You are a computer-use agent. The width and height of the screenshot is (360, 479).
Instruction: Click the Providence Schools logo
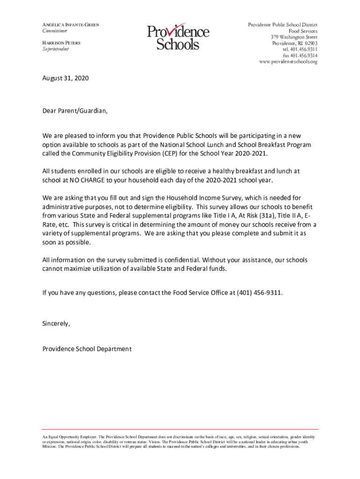178,37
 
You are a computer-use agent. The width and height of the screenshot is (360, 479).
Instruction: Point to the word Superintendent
56,49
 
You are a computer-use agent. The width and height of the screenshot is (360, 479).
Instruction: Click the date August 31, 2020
65,79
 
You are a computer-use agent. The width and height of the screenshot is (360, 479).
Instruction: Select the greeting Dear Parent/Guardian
75,111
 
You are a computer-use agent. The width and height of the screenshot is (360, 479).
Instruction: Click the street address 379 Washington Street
294,37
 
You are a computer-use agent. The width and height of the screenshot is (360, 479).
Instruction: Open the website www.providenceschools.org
288,62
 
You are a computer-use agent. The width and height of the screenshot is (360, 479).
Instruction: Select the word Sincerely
56,323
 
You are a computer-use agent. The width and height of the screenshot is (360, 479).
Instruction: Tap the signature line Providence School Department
87,349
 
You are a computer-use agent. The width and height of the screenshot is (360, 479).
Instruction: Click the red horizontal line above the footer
180,429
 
